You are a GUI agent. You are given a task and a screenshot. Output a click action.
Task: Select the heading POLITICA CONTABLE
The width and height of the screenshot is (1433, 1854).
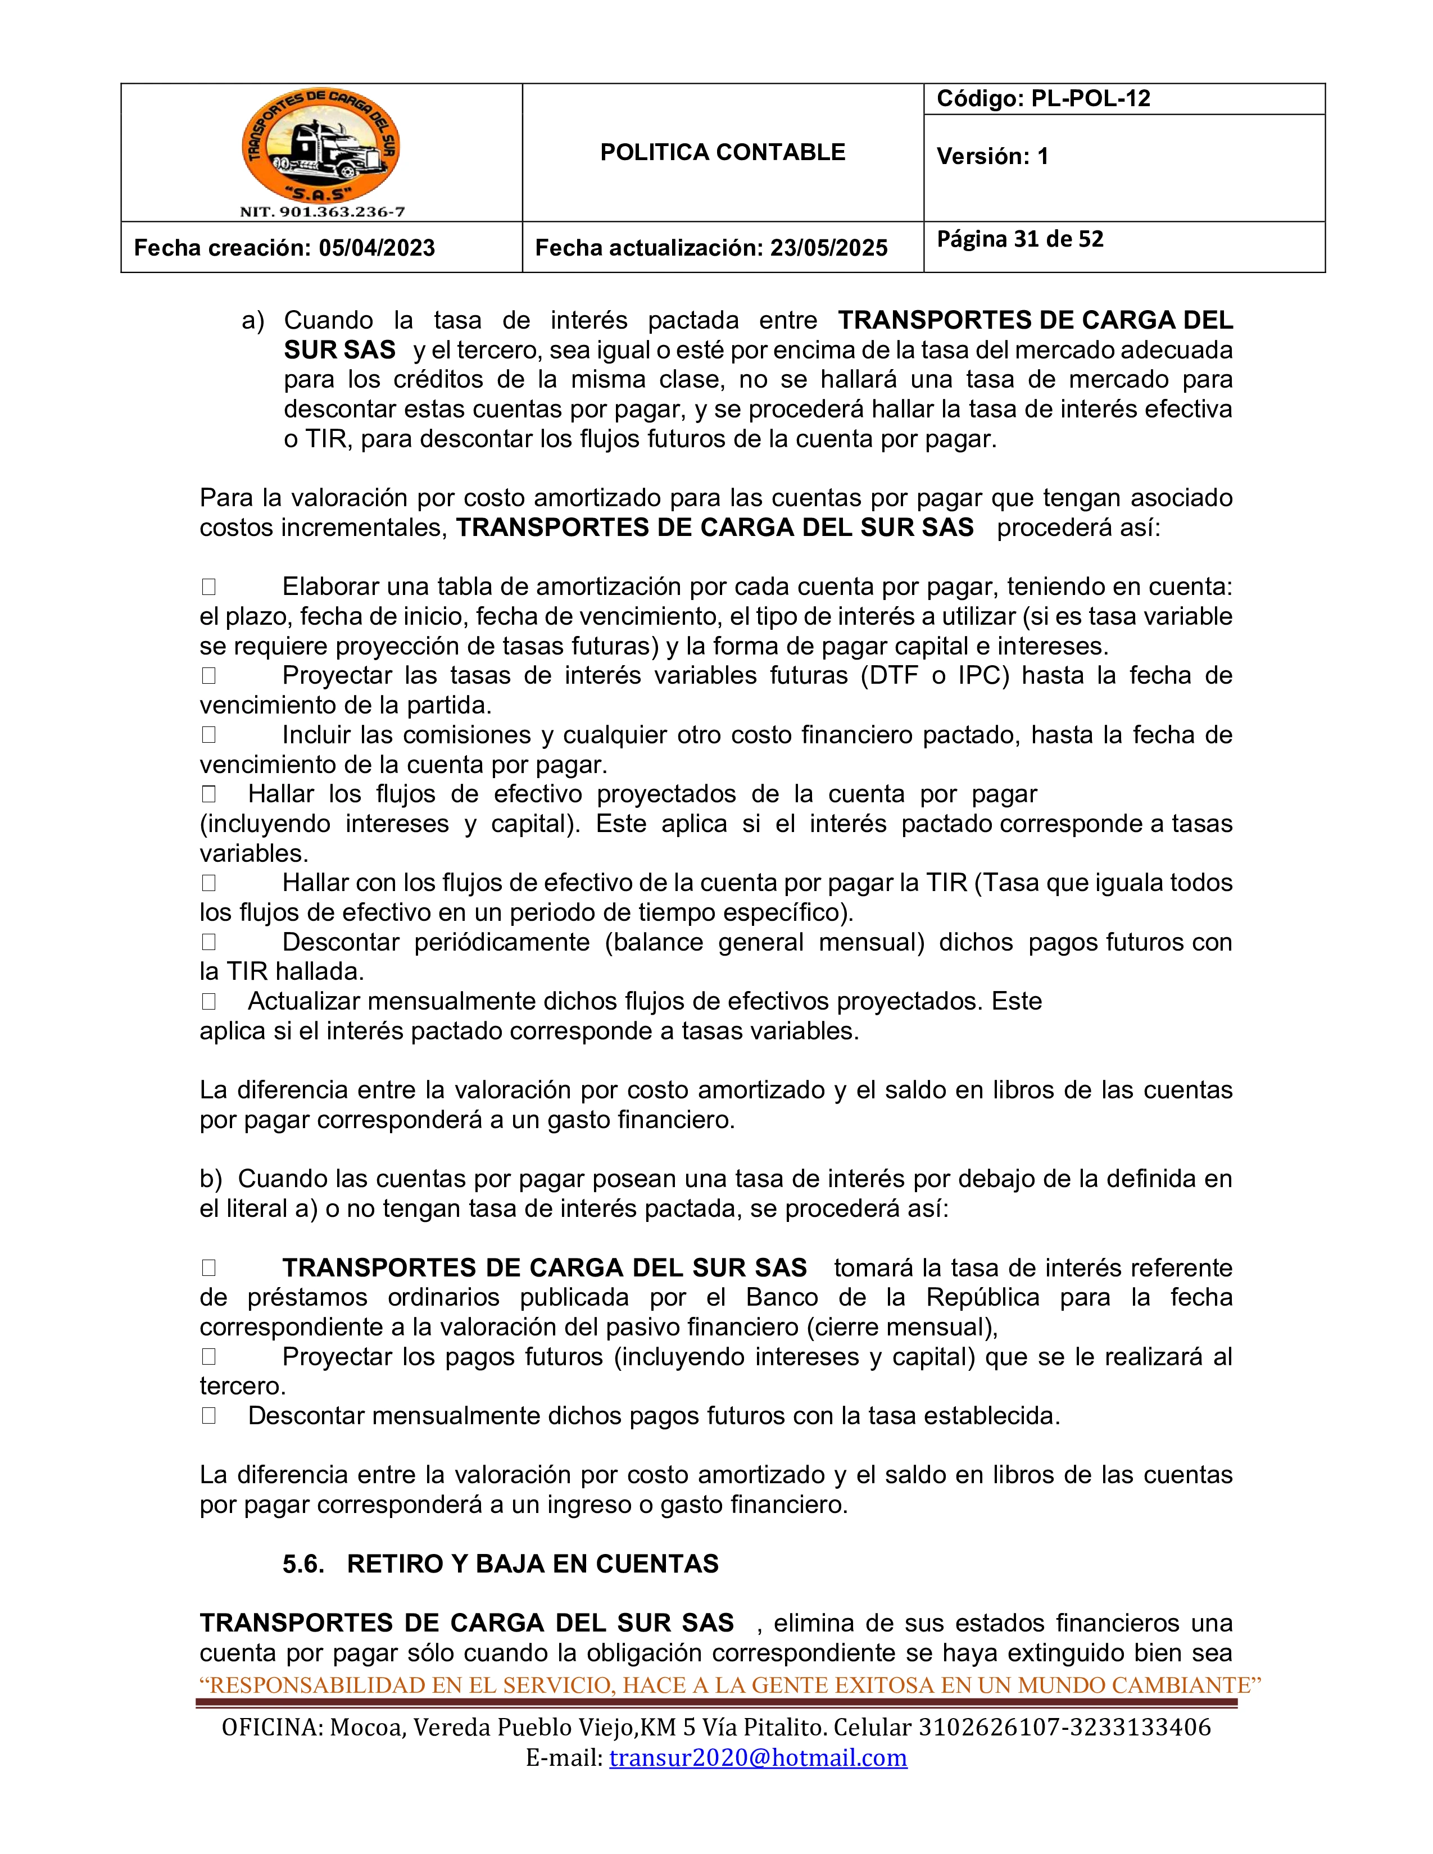723,153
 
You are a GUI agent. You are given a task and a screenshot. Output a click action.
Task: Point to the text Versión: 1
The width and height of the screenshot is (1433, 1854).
992,156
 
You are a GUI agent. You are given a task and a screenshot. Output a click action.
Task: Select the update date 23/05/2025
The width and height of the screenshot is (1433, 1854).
828,248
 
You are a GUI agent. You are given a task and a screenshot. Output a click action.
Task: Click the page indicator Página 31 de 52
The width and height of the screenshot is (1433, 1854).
1019,239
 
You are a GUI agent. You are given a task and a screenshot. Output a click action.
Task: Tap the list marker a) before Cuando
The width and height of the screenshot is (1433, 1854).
253,321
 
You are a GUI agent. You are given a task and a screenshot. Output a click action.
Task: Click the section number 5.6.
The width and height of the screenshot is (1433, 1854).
303,1564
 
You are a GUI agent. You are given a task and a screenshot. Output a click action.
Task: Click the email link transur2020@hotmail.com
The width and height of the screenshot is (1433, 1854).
758,1758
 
